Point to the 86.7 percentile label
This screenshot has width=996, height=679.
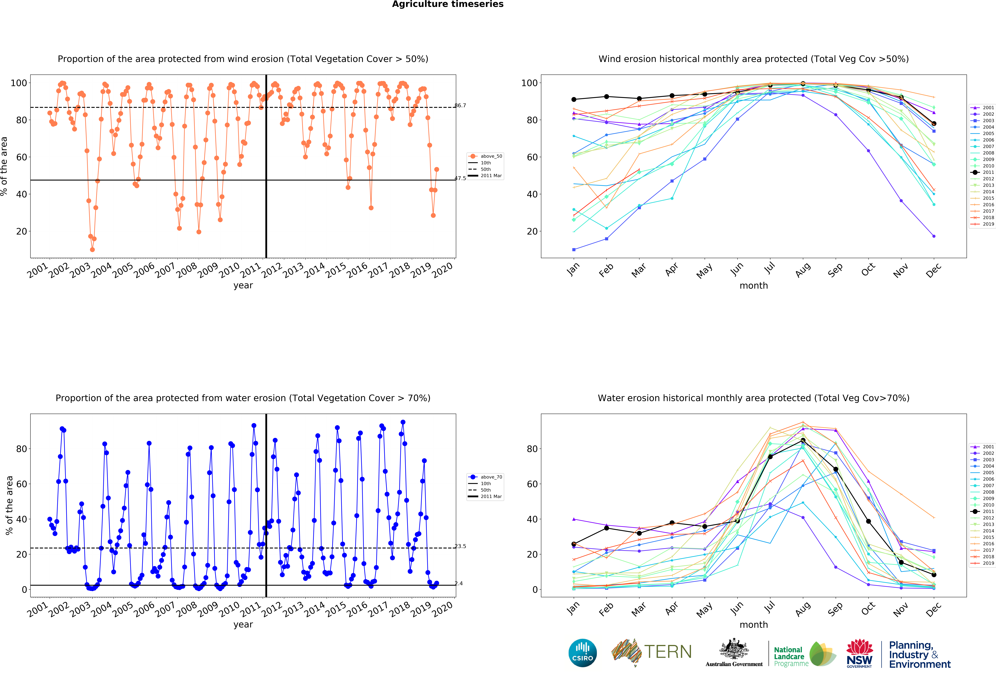pos(460,105)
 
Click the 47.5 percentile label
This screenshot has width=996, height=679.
pos(460,178)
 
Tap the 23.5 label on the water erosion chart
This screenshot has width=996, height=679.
pos(460,546)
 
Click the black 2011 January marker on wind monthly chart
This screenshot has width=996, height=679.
pos(574,99)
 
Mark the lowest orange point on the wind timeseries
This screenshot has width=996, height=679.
pos(92,250)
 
